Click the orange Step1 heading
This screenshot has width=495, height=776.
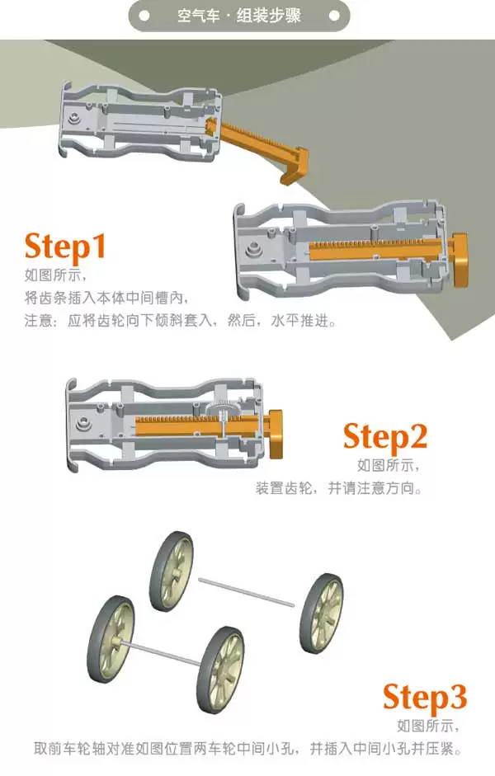pos(65,247)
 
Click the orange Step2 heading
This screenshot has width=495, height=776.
pos(384,437)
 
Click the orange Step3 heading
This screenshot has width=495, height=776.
pos(425,698)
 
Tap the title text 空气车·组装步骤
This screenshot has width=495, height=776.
pos(239,16)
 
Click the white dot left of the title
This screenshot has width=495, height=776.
pos(144,16)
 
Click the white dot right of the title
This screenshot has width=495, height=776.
pos(335,16)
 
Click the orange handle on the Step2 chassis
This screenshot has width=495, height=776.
pos(276,434)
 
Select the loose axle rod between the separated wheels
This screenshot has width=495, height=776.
pos(246,591)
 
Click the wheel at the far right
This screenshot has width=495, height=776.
pos(322,614)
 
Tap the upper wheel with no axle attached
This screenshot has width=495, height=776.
pos(172,571)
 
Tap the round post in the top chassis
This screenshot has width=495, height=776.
pos(75,119)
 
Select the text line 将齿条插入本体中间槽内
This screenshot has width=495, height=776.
pos(106,298)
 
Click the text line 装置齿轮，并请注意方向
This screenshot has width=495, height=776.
pos(339,488)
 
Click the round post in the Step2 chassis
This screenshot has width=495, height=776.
pos(81,424)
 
